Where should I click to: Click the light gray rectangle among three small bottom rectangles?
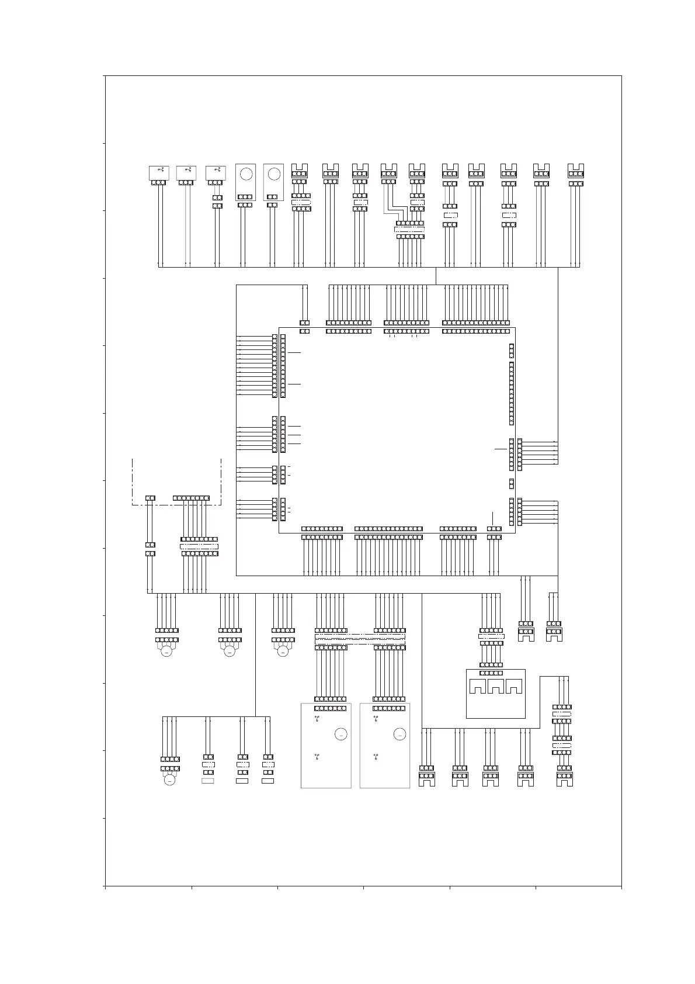click(208, 781)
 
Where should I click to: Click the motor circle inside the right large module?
click(400, 734)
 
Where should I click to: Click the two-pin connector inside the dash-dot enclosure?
click(150, 498)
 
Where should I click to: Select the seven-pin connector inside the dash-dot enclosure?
click(191, 498)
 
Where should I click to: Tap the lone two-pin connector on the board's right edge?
click(512, 483)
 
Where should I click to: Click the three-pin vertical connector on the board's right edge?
click(512, 351)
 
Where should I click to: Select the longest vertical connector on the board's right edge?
click(512, 393)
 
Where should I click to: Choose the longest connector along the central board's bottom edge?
click(388, 529)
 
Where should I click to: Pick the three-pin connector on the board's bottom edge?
click(494, 529)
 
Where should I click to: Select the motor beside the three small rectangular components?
click(170, 779)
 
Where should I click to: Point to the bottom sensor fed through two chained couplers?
click(564, 778)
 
